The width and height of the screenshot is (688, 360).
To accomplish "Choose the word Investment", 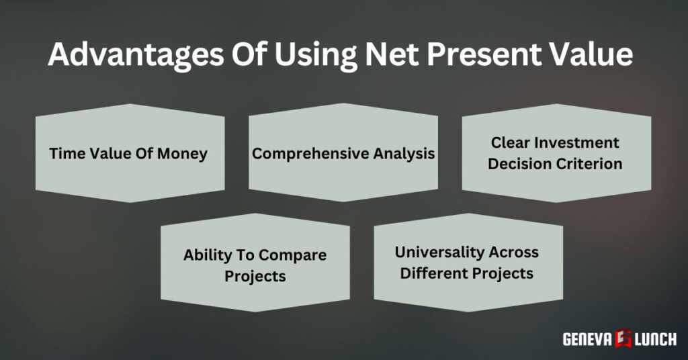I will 581,142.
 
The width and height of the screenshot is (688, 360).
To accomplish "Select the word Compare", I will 293,255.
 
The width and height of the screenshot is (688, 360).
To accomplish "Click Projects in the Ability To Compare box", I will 255,277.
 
